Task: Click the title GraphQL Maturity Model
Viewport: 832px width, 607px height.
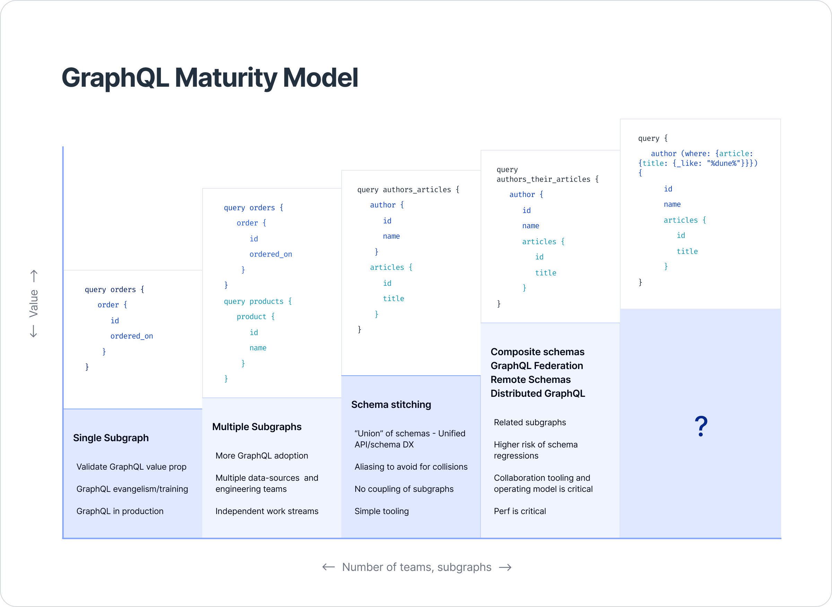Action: click(210, 78)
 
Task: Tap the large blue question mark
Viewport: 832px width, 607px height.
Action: click(701, 426)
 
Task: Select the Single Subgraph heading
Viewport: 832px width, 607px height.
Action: click(111, 438)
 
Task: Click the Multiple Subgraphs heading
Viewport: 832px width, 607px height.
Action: click(257, 427)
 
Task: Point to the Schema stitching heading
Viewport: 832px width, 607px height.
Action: click(391, 404)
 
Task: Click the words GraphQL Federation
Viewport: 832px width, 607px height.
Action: click(536, 366)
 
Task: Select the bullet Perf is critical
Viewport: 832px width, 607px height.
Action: click(520, 511)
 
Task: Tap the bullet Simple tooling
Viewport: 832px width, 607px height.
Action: click(381, 511)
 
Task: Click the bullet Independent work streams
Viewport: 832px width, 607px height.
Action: click(267, 511)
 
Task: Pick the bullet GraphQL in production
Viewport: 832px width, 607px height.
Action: click(120, 511)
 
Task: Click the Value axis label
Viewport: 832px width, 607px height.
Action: click(33, 303)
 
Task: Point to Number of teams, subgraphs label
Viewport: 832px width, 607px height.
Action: click(416, 567)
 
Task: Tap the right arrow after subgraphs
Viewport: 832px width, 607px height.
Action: click(505, 567)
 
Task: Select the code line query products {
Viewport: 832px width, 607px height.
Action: click(257, 301)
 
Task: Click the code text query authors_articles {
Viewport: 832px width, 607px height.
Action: click(408, 190)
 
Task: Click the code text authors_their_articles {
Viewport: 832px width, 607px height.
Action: click(547, 179)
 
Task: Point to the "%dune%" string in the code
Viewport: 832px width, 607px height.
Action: click(721, 163)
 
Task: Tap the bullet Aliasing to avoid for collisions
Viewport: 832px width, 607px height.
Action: click(411, 467)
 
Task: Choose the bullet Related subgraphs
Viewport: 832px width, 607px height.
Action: click(529, 422)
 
